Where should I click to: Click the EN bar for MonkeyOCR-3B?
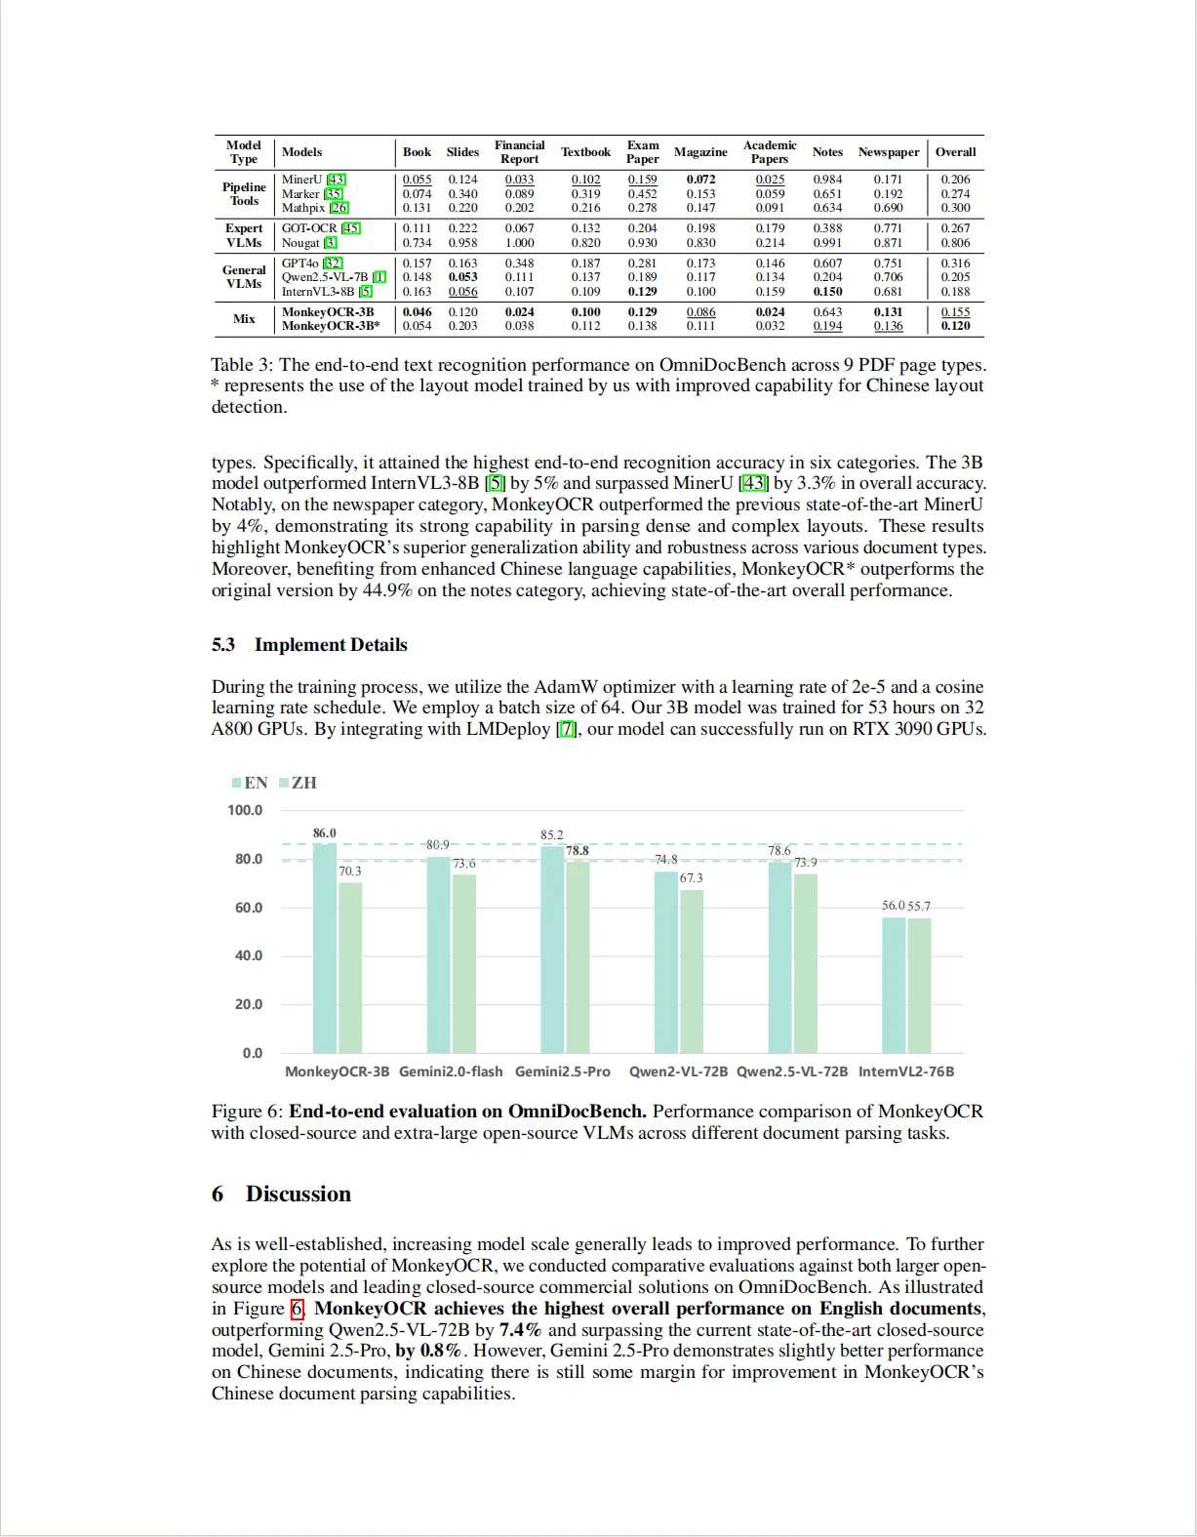pos(325,948)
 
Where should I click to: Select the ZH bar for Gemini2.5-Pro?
pos(578,956)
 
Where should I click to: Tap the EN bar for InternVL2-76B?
pos(894,985)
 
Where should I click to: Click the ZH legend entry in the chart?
pos(299,783)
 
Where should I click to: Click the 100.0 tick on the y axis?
pos(245,810)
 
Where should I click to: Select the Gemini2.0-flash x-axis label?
pos(451,1072)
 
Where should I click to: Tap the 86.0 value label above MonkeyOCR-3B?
pos(324,833)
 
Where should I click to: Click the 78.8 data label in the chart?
pos(578,851)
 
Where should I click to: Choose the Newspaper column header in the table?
pos(889,152)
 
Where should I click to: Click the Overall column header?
pos(955,152)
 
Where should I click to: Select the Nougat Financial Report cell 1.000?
pos(519,243)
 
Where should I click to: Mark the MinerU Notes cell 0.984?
pos(827,180)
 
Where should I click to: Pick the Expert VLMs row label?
pos(244,235)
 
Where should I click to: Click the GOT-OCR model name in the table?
pos(309,228)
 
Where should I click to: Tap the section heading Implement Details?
pos(331,645)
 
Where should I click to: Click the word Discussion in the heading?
pos(299,1194)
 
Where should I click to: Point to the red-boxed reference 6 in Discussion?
pos(297,1309)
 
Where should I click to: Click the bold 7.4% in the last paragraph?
pos(520,1330)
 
